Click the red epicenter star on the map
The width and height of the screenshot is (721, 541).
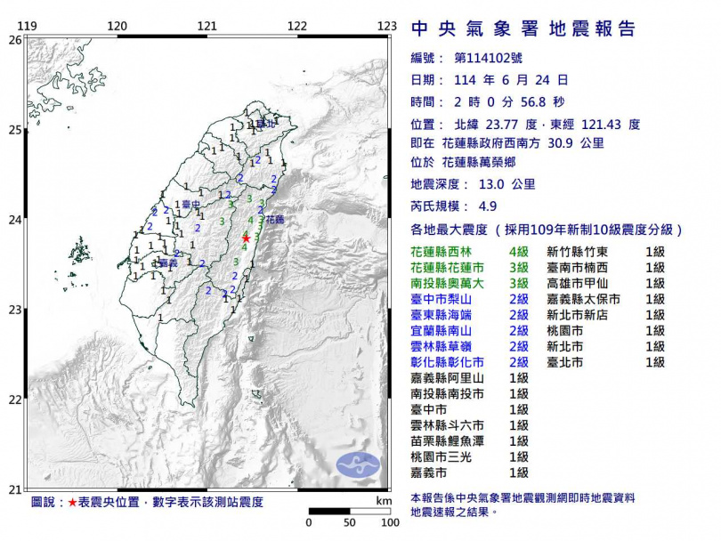[247, 238]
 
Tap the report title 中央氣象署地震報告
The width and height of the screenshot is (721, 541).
[523, 29]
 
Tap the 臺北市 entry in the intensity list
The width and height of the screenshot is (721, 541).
[565, 362]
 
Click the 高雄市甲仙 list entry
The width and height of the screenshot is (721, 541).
[578, 284]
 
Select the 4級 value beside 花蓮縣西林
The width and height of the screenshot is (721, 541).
[518, 253]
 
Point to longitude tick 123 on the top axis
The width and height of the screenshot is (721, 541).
[386, 27]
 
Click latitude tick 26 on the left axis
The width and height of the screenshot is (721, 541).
[15, 40]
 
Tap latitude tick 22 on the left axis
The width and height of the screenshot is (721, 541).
[15, 400]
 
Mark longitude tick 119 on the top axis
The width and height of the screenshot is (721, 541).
[28, 27]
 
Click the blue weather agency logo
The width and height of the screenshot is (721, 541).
[357, 463]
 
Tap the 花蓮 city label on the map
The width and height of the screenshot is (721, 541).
[273, 219]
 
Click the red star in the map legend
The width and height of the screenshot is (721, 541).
[72, 502]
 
